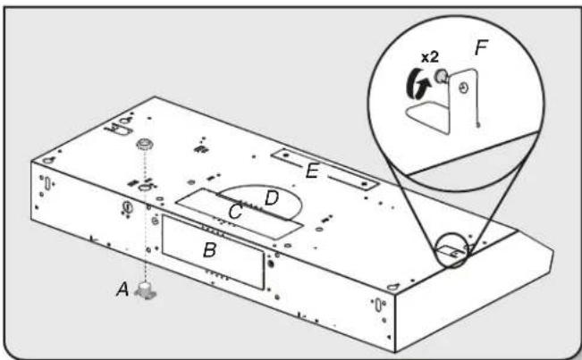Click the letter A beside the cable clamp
tap(124, 288)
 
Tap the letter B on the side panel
tap(209, 250)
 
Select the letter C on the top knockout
tap(235, 212)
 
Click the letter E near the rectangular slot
tap(311, 171)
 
